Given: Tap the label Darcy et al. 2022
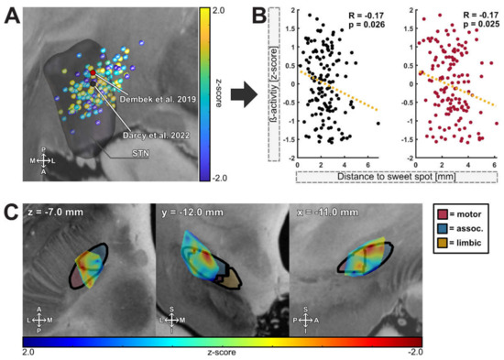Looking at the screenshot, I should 153,131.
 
